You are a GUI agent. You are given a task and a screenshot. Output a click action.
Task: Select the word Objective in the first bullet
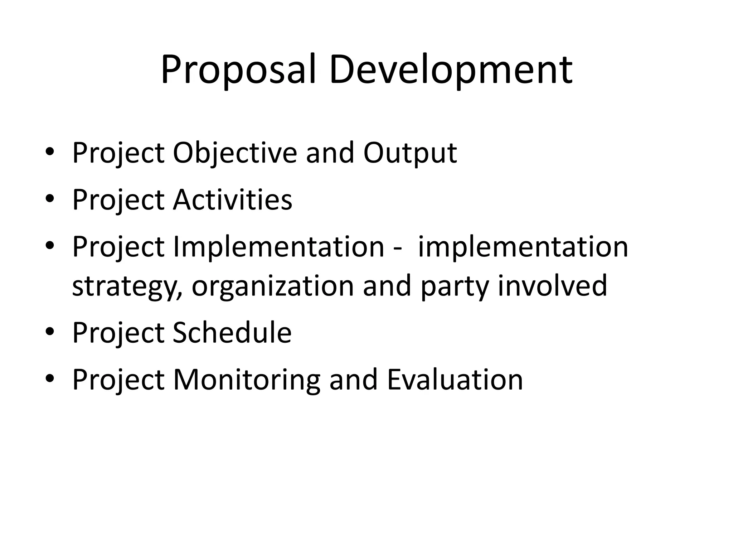pos(235,153)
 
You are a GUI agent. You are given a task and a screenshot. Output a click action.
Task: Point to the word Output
pos(410,153)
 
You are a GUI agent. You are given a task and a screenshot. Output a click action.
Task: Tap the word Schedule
pos(232,333)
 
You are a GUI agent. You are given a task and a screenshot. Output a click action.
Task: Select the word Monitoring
pos(247,380)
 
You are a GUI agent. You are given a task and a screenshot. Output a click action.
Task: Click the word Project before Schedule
pos(118,333)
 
